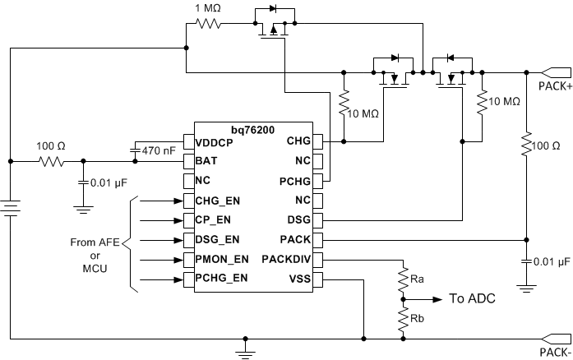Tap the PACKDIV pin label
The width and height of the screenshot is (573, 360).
tap(284, 260)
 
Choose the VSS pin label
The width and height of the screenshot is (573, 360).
tap(298, 279)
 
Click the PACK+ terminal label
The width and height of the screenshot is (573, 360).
tap(555, 85)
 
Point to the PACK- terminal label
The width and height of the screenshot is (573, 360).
tap(555, 350)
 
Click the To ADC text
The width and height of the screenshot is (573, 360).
tap(472, 299)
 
